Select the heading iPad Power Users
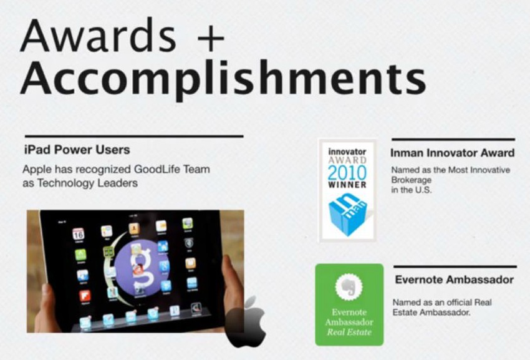pyautogui.click(x=76, y=150)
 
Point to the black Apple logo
pyautogui.click(x=246, y=321)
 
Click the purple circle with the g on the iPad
pyautogui.click(x=137, y=265)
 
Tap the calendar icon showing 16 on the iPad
pyautogui.click(x=79, y=235)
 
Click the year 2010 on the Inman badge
pyautogui.click(x=347, y=173)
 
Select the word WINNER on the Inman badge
pyautogui.click(x=347, y=185)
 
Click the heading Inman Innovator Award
pyautogui.click(x=452, y=153)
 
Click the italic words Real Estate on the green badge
pyautogui.click(x=349, y=332)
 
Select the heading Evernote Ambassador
pyautogui.click(x=454, y=280)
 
